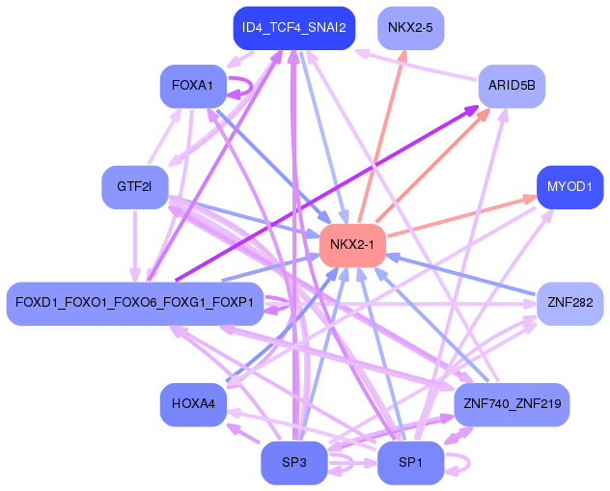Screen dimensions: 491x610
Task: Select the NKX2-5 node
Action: coord(410,28)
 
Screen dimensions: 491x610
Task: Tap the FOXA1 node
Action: coord(192,87)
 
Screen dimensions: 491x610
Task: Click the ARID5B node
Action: coord(512,87)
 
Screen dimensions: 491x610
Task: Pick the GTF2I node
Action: coord(135,186)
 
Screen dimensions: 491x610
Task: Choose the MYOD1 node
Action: coord(569,186)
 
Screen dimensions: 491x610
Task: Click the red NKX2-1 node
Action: coord(352,244)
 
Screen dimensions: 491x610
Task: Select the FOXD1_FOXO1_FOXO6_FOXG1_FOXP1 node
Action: coord(134,303)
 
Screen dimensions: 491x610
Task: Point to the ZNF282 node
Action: coord(569,303)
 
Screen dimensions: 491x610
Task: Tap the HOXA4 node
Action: coord(192,403)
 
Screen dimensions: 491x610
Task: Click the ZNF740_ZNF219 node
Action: coord(512,403)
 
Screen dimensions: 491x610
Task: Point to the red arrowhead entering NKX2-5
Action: coord(403,55)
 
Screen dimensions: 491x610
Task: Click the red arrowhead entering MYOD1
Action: coord(531,199)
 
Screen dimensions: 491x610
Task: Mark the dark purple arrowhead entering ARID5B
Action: coord(472,111)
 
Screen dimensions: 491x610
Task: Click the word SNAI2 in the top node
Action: coord(326,28)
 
